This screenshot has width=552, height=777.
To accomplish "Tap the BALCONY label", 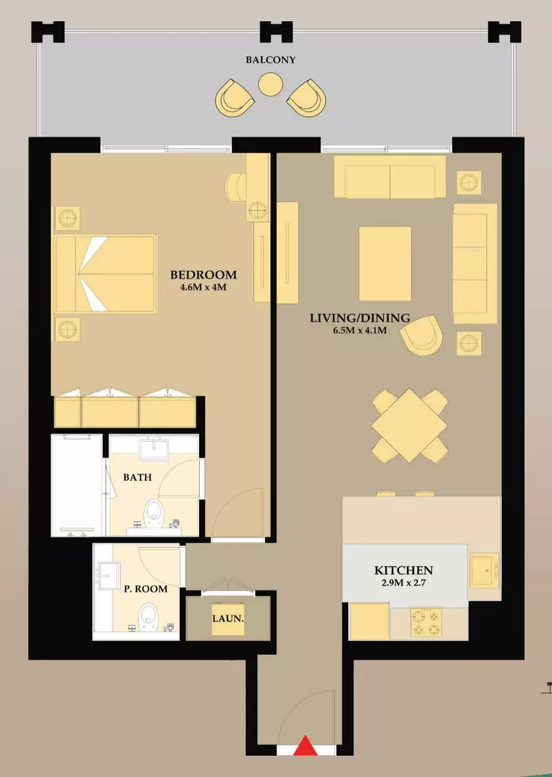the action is [x=271, y=60].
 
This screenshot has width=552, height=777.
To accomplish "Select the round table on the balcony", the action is [x=271, y=84].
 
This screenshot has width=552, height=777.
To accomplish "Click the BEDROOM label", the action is [x=204, y=275].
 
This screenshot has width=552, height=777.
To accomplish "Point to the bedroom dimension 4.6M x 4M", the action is [x=203, y=287].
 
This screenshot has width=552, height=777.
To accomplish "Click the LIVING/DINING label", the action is [x=360, y=318].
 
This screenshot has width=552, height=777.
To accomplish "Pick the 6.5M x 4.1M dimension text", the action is [x=360, y=331].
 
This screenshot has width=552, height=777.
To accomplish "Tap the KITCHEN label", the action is [x=404, y=570].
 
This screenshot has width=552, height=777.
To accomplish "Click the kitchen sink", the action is [x=485, y=570].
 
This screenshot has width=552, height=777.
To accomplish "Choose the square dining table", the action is [x=409, y=425].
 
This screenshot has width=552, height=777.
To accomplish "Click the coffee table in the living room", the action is [x=385, y=263].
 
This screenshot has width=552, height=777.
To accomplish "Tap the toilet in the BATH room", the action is [x=154, y=513].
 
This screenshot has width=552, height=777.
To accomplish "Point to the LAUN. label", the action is [x=228, y=619].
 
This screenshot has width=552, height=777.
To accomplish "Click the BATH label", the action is [x=137, y=478].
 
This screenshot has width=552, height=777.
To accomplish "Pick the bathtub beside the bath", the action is [x=77, y=485].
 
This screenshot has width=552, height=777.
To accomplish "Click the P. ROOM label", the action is [x=145, y=589].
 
